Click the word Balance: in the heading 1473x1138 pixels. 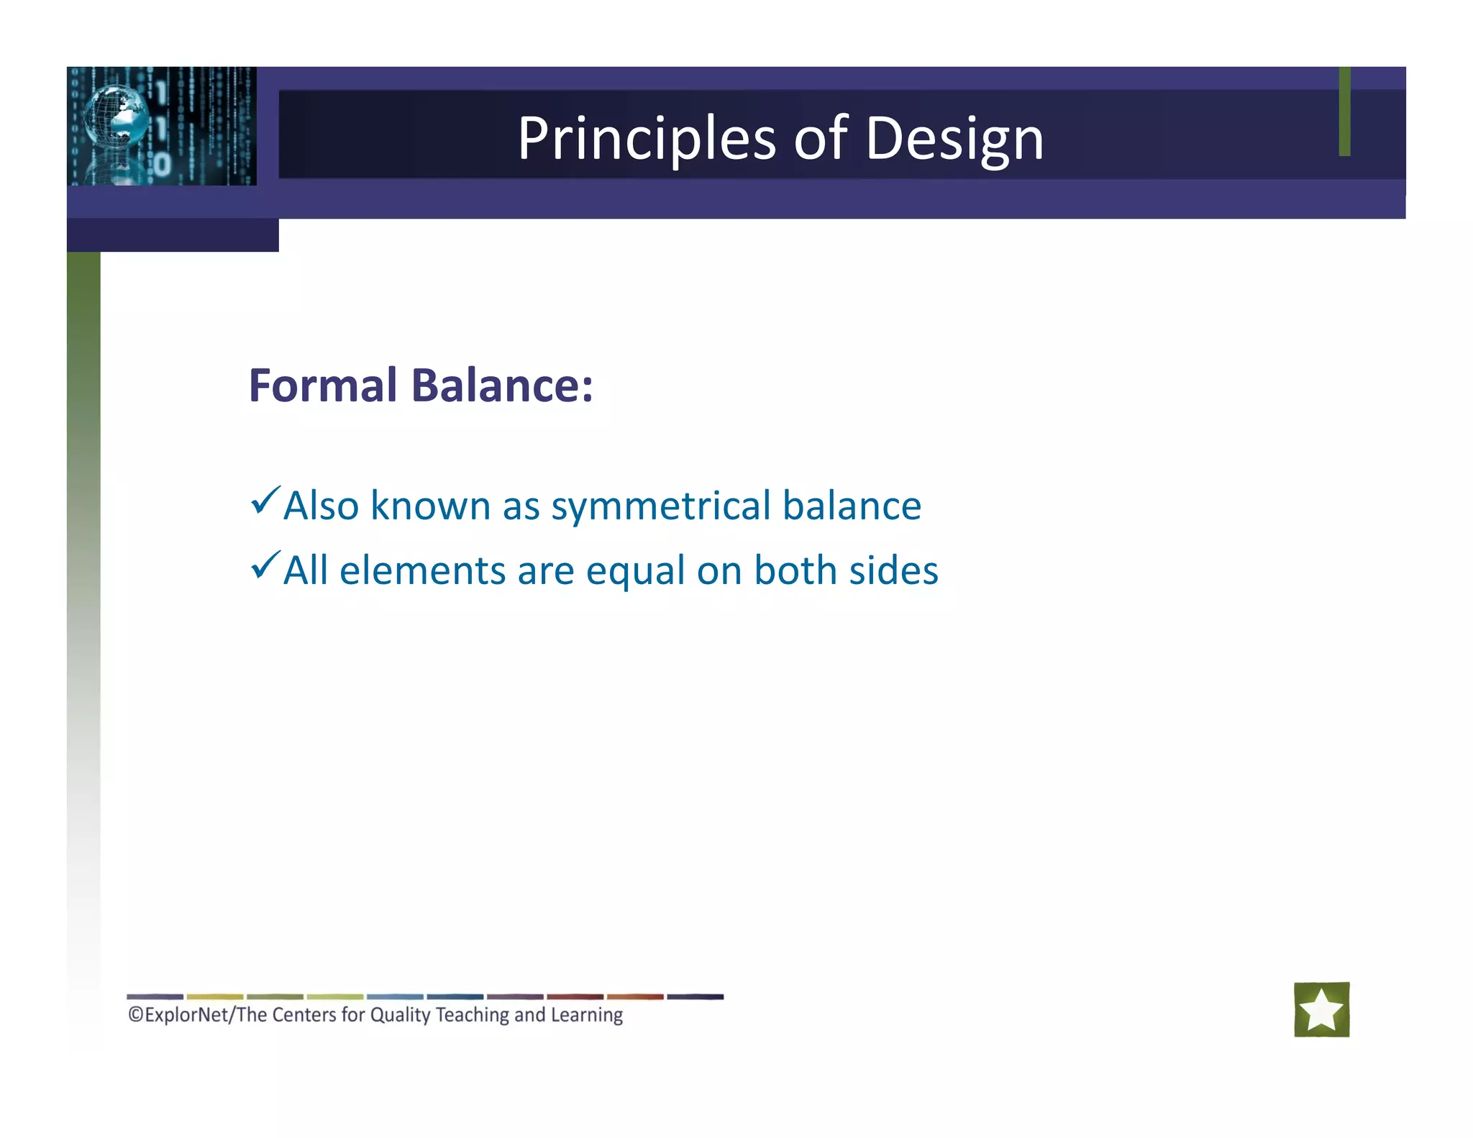pyautogui.click(x=502, y=386)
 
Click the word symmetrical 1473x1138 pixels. pyautogui.click(x=660, y=506)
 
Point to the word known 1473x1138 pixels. pyautogui.click(x=430, y=506)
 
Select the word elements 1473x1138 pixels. pyautogui.click(x=422, y=570)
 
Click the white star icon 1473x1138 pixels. pyautogui.click(x=1321, y=1009)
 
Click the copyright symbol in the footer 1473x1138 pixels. pyautogui.click(x=136, y=1015)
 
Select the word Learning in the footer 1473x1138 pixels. pyautogui.click(x=586, y=1015)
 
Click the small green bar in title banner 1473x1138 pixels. pyautogui.click(x=1344, y=111)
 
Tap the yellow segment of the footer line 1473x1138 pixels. pyautogui.click(x=214, y=997)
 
